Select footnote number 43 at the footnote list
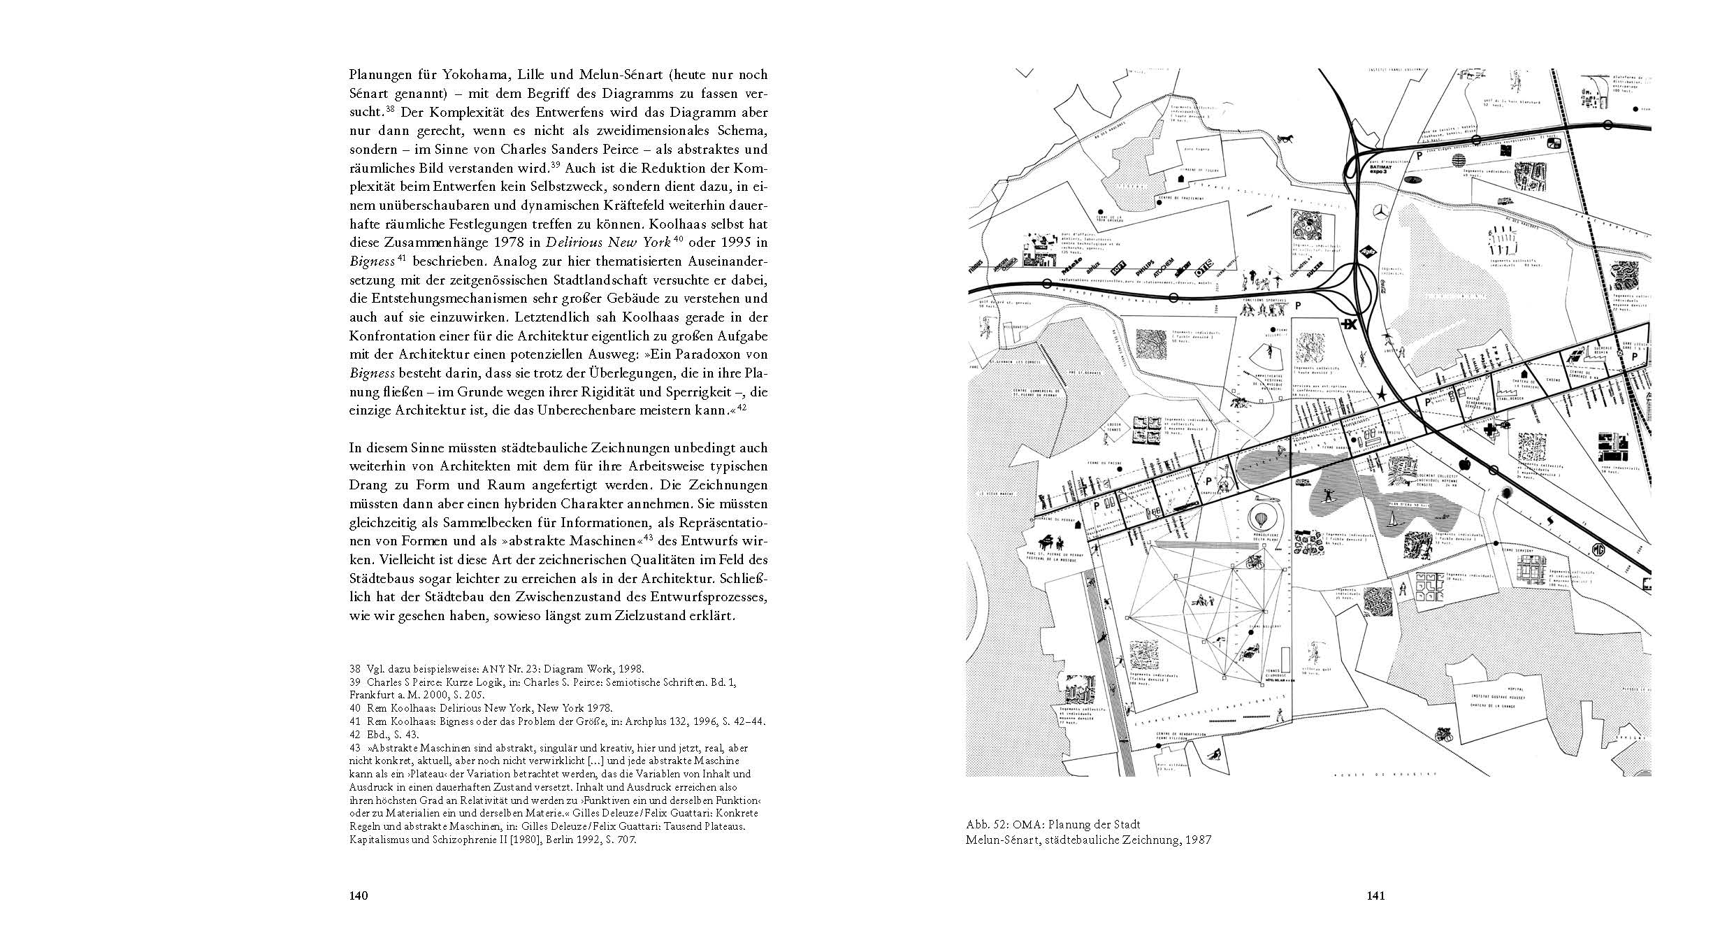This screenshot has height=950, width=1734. pos(354,747)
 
